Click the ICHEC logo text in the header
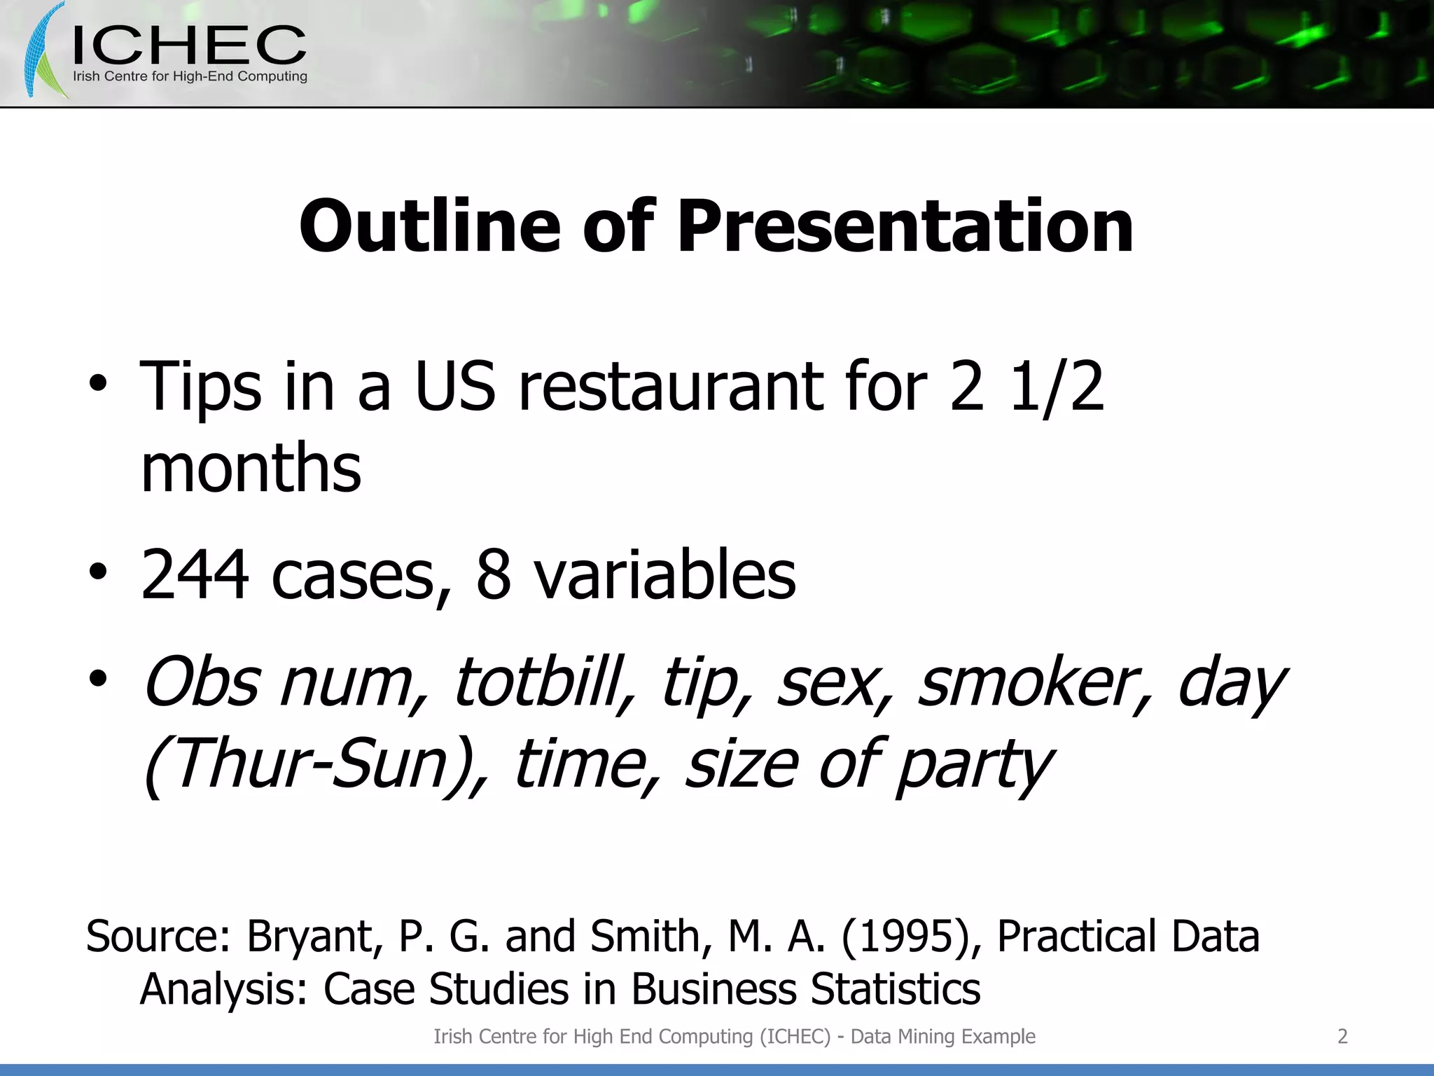(x=189, y=46)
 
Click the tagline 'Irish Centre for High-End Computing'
(x=190, y=76)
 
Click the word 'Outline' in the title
(x=429, y=226)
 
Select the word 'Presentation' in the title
(x=905, y=226)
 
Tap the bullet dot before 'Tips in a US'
(x=98, y=384)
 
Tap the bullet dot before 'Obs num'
(x=98, y=679)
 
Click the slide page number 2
(x=1342, y=1036)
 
